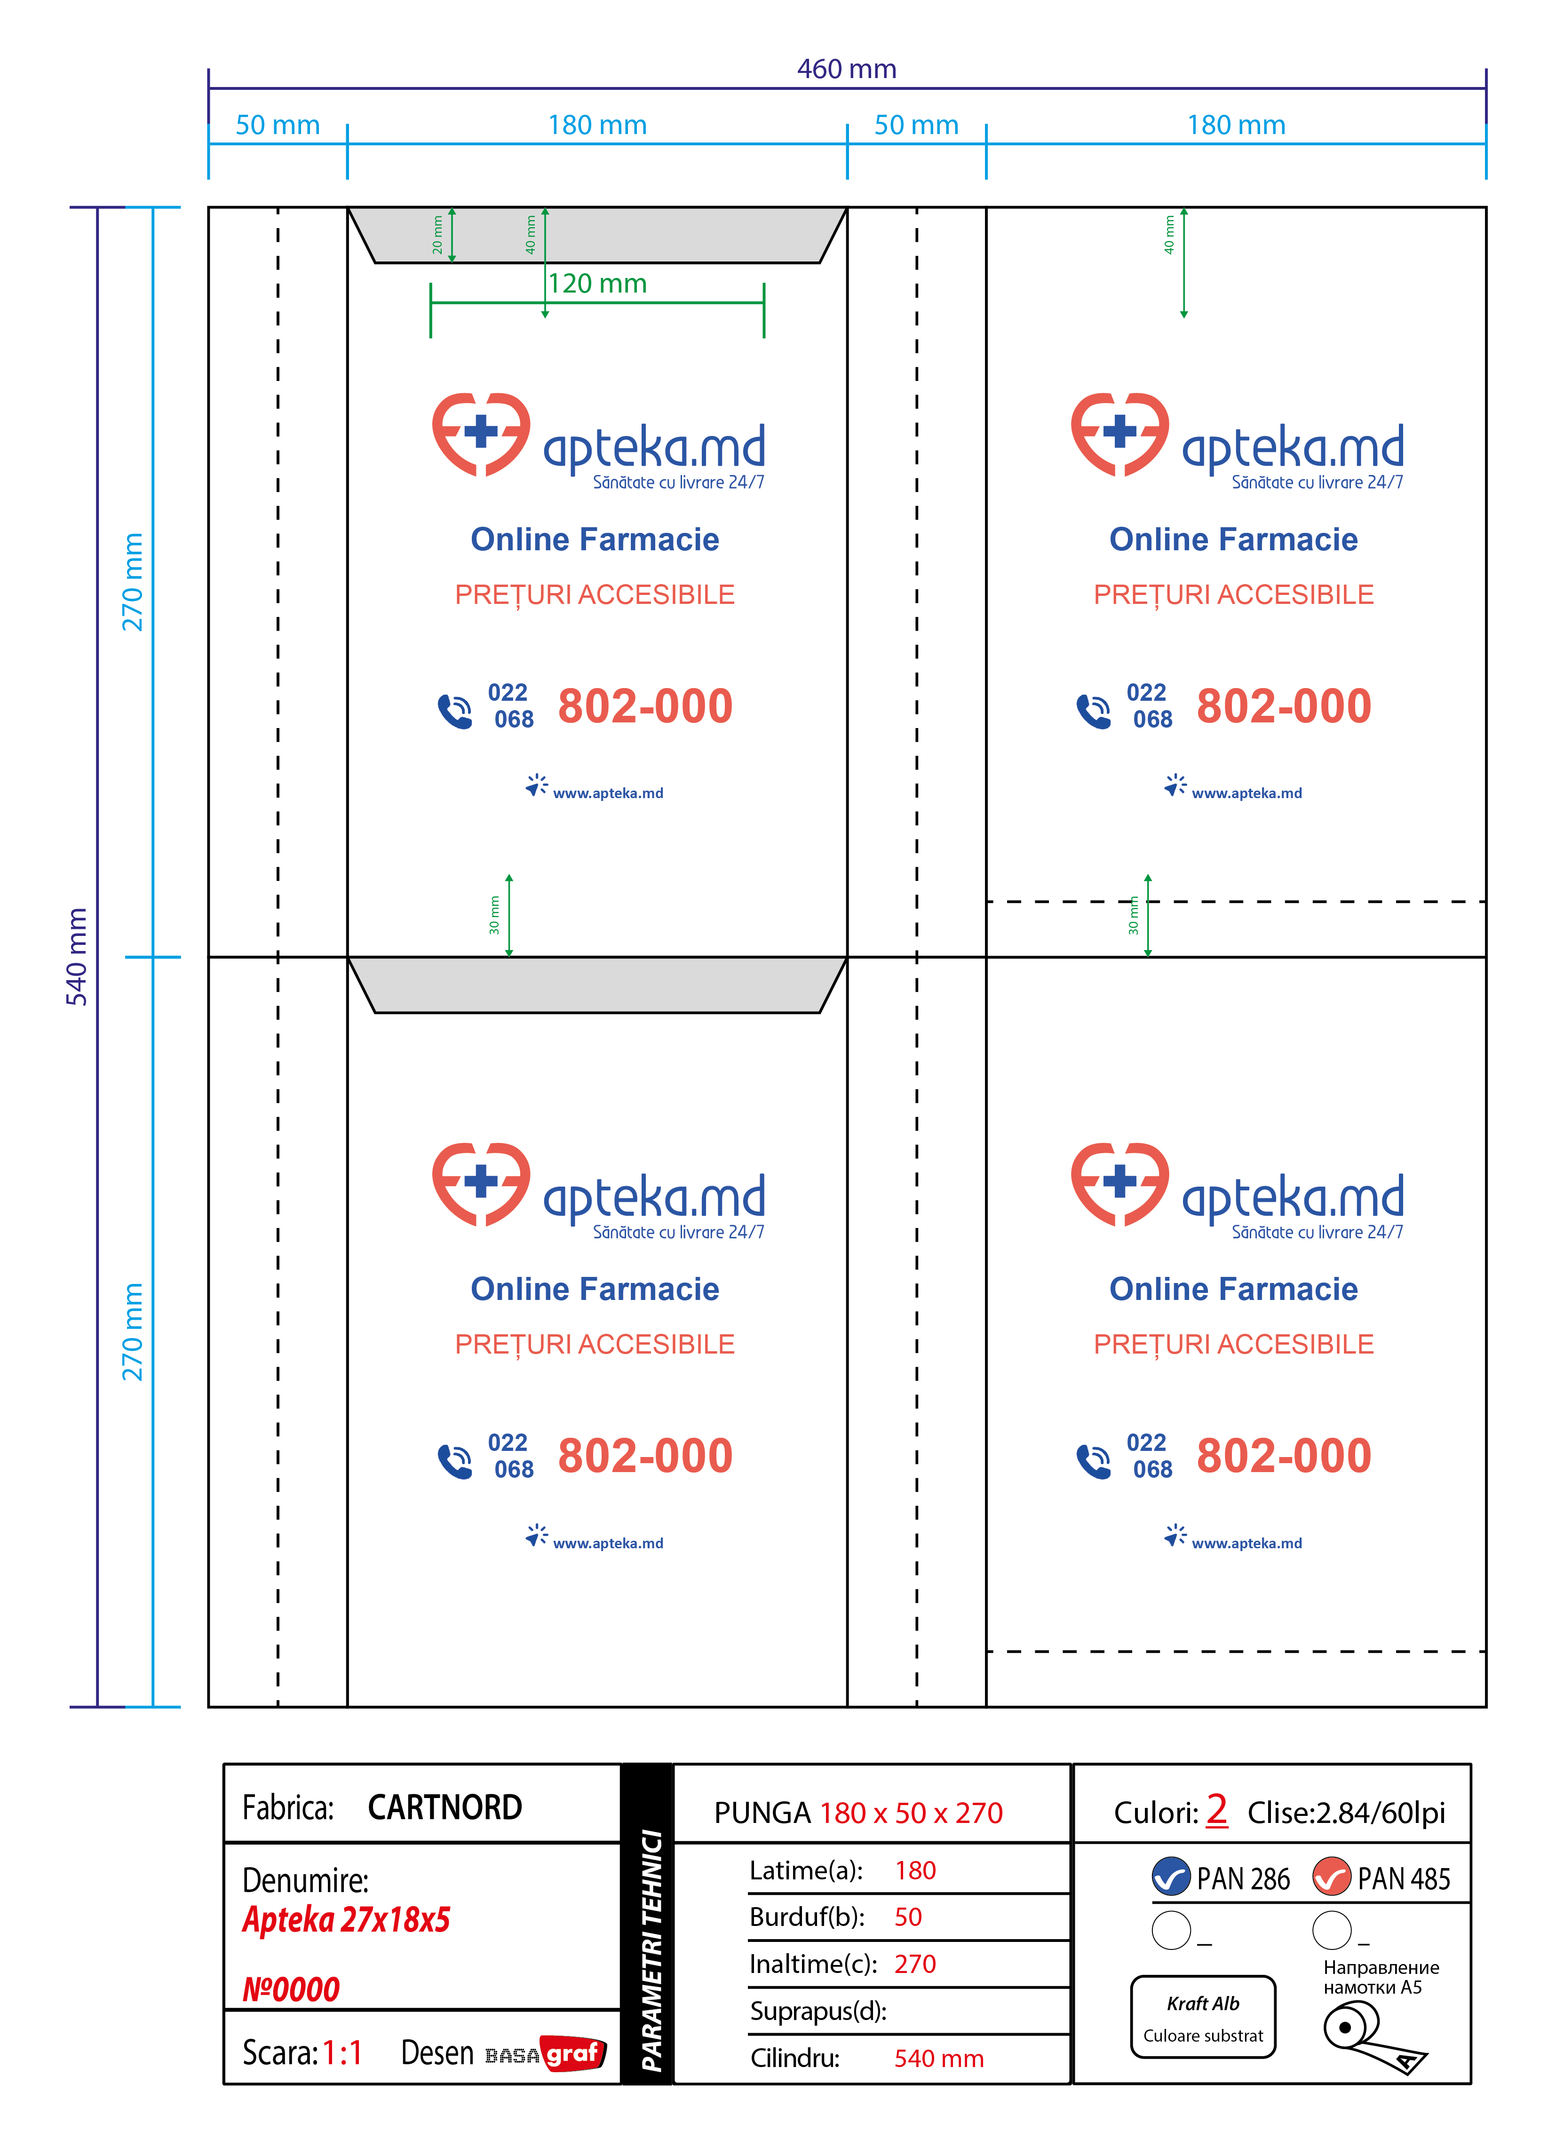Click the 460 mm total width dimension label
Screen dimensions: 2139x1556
click(846, 69)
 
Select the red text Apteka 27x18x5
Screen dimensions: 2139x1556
click(346, 1919)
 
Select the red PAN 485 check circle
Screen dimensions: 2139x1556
click(1332, 1877)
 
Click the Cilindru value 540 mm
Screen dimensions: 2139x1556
click(938, 2058)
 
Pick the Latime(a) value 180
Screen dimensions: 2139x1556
click(915, 1870)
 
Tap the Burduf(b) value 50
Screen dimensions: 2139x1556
click(908, 1917)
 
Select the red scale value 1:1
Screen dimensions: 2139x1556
click(342, 2052)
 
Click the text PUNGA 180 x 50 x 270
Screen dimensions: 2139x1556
click(858, 1813)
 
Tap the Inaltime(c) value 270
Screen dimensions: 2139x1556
click(915, 1964)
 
